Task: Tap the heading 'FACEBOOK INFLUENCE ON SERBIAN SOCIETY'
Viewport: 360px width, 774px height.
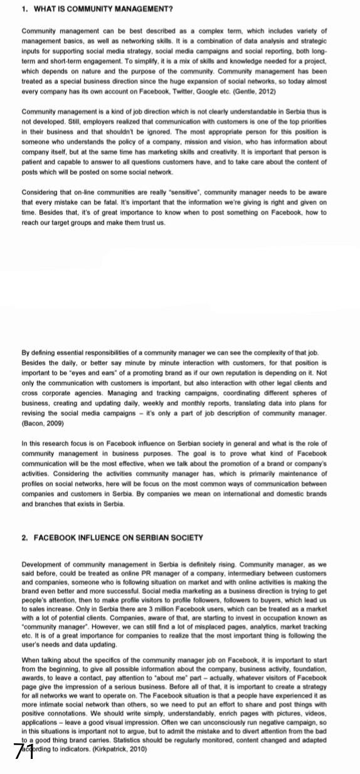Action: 116,538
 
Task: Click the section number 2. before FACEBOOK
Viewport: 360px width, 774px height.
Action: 24,538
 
